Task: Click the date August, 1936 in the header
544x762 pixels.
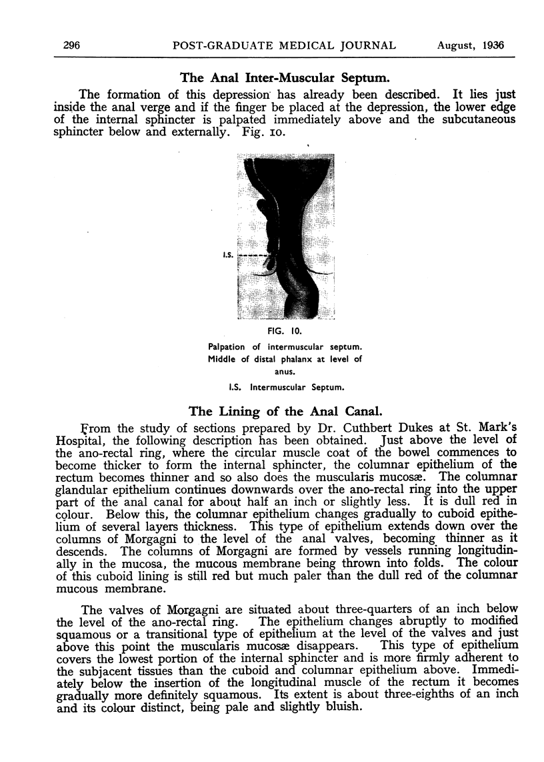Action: pyautogui.click(x=471, y=45)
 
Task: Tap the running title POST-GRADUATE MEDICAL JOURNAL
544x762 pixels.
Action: pyautogui.click(x=284, y=45)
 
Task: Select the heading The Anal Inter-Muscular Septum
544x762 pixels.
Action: pyautogui.click(x=286, y=77)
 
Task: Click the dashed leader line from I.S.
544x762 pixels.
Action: pyautogui.click(x=253, y=256)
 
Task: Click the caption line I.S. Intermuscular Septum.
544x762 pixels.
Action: pyautogui.click(x=286, y=386)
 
